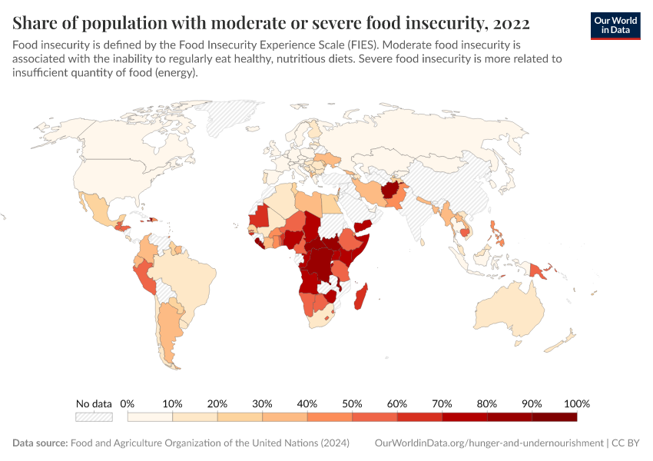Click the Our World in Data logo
[x=615, y=25]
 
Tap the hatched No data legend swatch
[x=94, y=417]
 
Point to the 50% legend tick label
[x=352, y=403]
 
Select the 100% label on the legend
[x=576, y=403]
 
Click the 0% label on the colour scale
[x=128, y=403]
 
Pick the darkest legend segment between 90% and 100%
[x=554, y=417]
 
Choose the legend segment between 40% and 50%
[x=330, y=417]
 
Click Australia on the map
[x=509, y=307]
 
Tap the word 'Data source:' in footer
[x=40, y=443]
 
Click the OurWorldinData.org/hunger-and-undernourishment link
[x=489, y=443]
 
